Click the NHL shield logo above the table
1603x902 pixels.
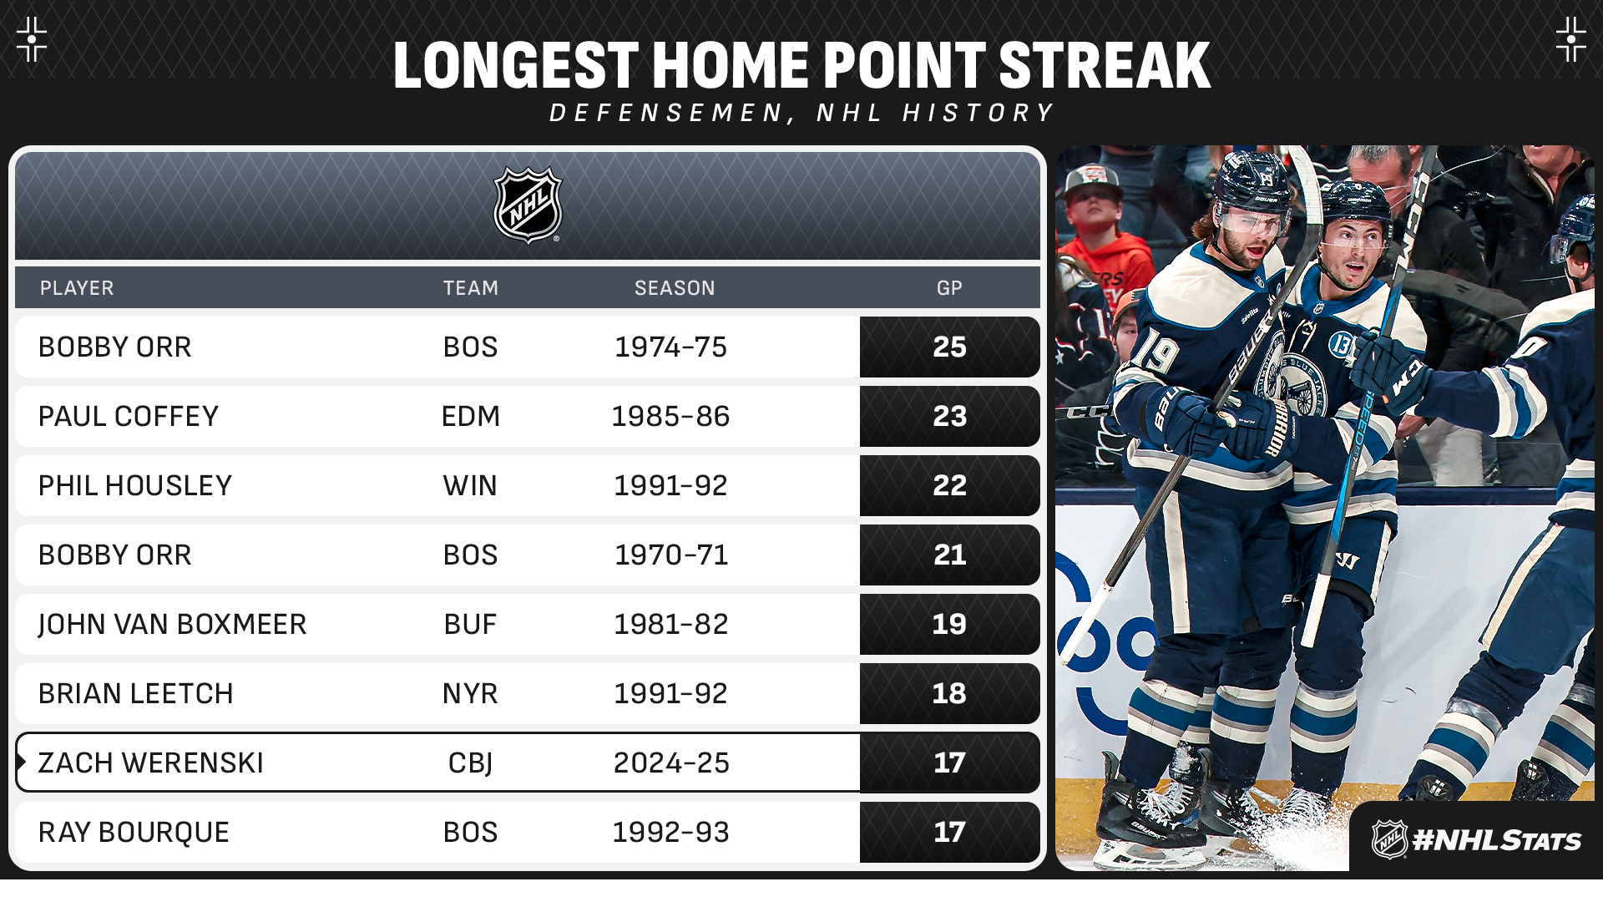(x=528, y=205)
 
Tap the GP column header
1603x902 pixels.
(x=949, y=288)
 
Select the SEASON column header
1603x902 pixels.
(x=675, y=288)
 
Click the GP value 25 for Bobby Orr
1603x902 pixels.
(x=949, y=347)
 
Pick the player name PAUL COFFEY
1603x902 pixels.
(x=129, y=416)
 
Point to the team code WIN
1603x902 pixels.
(x=470, y=485)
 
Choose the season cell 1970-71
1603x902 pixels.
(x=671, y=555)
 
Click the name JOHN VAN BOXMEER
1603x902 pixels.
(x=172, y=624)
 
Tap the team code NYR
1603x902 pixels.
(x=470, y=693)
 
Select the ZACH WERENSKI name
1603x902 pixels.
(x=150, y=763)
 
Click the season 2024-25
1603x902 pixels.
(x=671, y=763)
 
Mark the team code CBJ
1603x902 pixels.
(x=470, y=763)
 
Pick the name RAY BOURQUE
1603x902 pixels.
(x=134, y=832)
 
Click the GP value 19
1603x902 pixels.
(x=949, y=624)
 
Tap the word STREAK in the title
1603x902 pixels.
(x=1105, y=65)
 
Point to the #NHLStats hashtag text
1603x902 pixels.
(x=1496, y=839)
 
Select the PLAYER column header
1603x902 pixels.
(x=77, y=288)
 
